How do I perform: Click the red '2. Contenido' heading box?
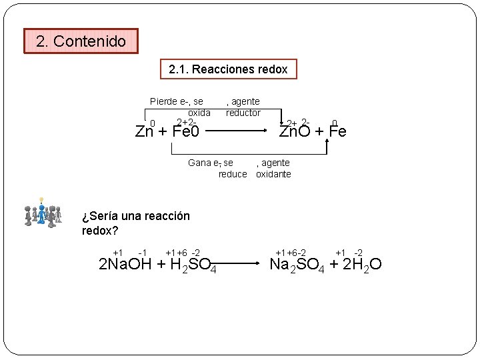(x=81, y=41)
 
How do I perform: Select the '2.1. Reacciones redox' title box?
(x=228, y=69)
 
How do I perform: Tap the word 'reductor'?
(x=243, y=113)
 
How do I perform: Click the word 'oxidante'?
(x=273, y=174)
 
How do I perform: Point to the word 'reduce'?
(x=233, y=174)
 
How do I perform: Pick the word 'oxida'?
(x=199, y=113)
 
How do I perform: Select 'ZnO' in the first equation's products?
(x=294, y=131)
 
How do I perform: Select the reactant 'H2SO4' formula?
(x=194, y=265)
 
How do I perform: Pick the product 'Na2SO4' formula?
(x=297, y=265)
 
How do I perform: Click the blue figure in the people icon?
(x=42, y=214)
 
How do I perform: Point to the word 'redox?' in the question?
(x=100, y=231)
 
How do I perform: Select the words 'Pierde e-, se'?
(x=177, y=101)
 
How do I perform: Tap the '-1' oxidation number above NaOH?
(x=142, y=253)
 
